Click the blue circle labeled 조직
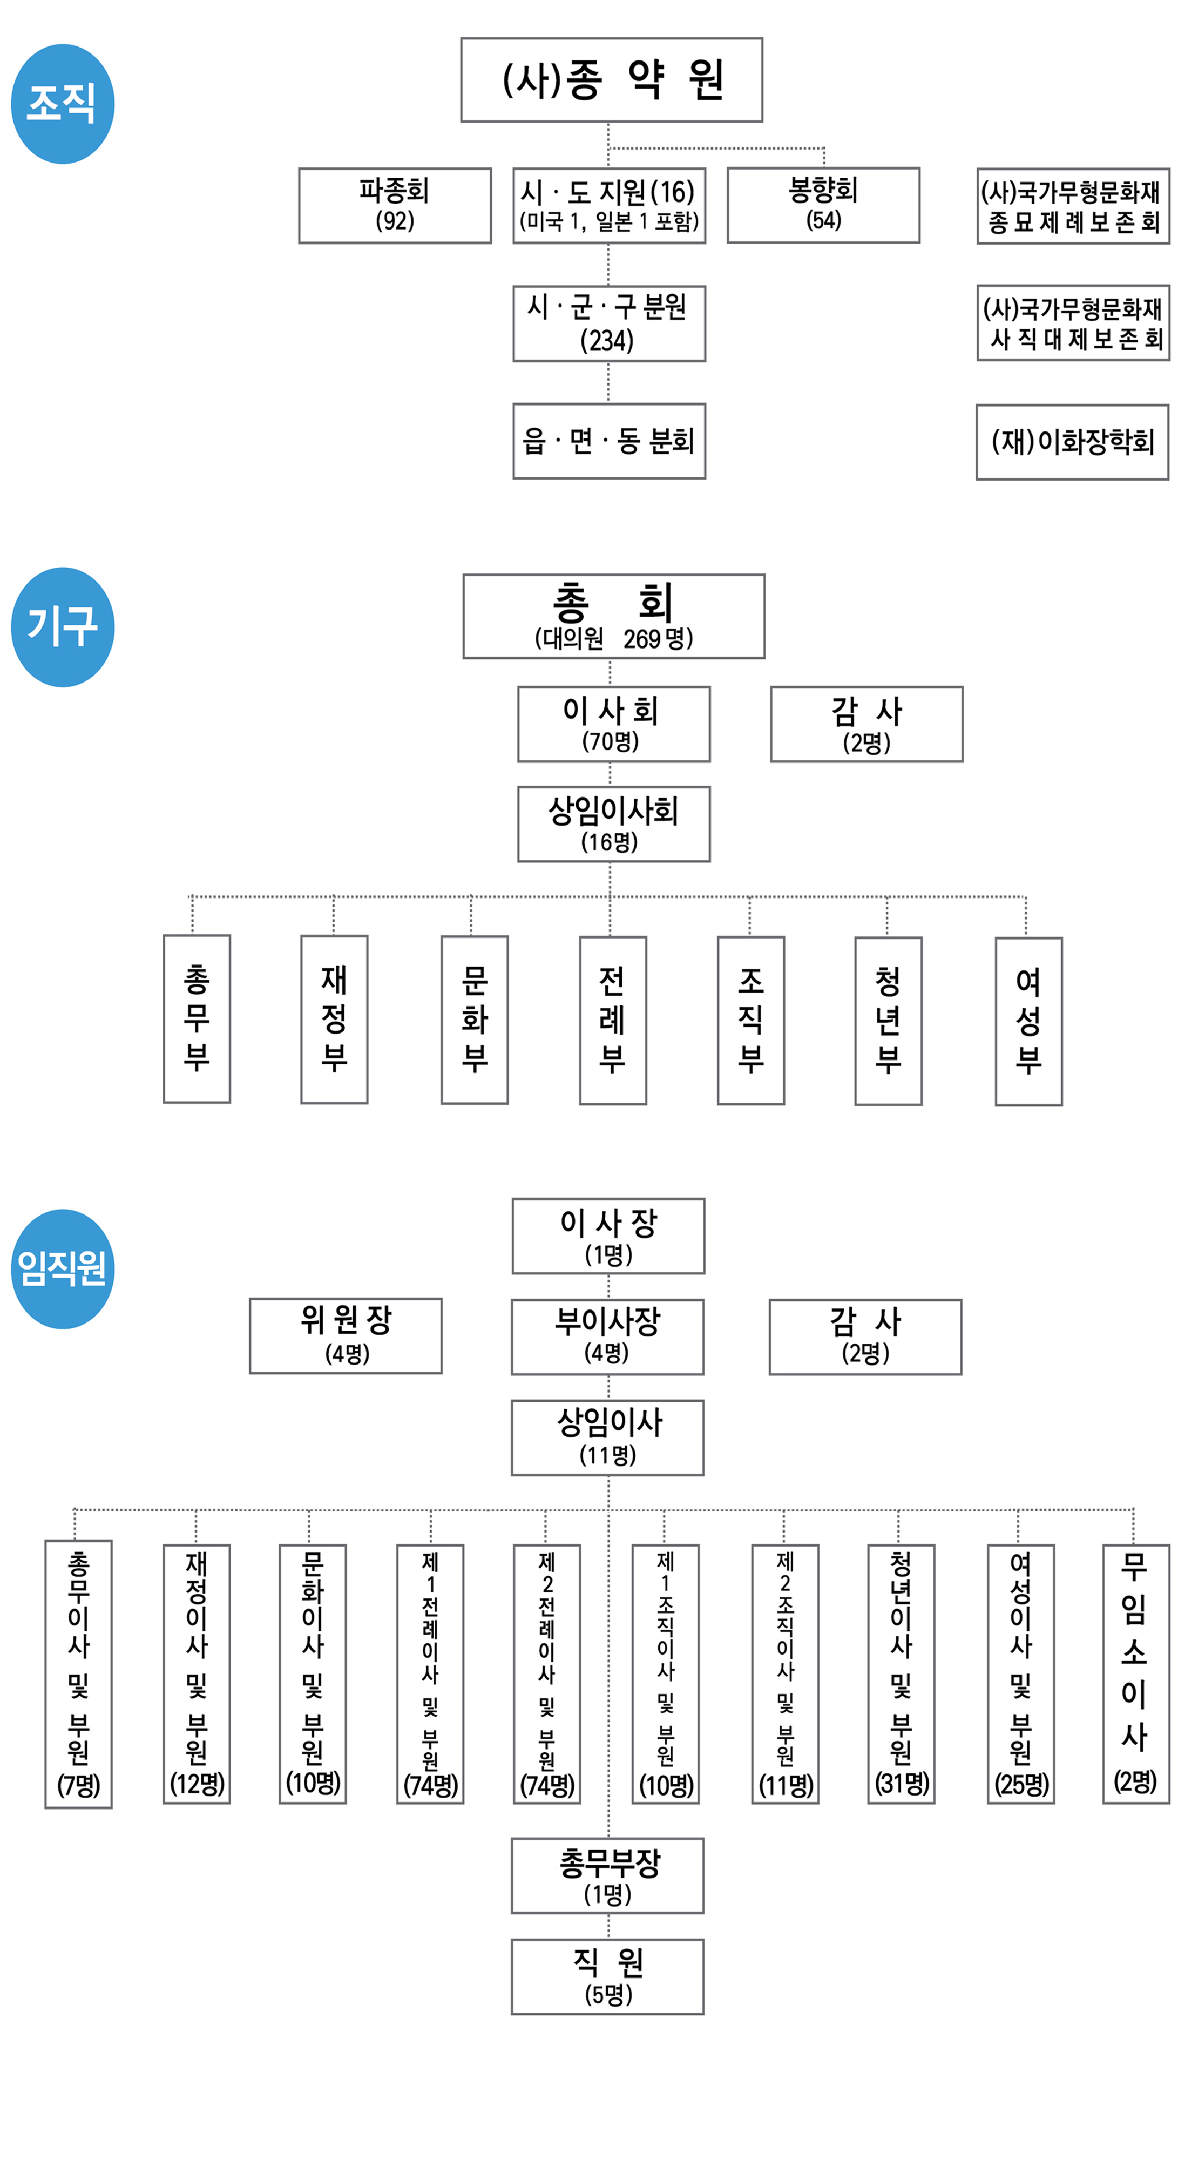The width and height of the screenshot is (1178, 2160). pyautogui.click(x=63, y=104)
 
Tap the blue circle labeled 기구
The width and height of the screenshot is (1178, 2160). pyautogui.click(x=63, y=627)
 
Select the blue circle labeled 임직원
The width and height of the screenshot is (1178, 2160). pyautogui.click(x=63, y=1268)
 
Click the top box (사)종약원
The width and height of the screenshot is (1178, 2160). pyautogui.click(x=611, y=80)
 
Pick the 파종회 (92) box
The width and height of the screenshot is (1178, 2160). pyautogui.click(x=395, y=205)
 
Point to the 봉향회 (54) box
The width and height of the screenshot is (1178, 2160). pyautogui.click(x=823, y=205)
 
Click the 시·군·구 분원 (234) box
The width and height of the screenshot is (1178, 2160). pyautogui.click(x=608, y=323)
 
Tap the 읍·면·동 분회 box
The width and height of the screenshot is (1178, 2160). pyautogui.click(x=608, y=441)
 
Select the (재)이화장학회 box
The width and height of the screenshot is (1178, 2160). pyautogui.click(x=1072, y=442)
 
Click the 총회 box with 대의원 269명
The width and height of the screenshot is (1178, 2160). pyautogui.click(x=614, y=616)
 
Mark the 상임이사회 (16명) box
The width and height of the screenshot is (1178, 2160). pyautogui.click(x=614, y=824)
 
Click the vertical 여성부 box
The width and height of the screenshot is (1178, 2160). pyautogui.click(x=1029, y=1021)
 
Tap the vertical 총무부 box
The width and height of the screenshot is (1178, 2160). pyautogui.click(x=197, y=1019)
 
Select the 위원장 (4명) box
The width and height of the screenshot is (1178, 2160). pyautogui.click(x=346, y=1336)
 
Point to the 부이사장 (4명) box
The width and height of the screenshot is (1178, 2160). pyautogui.click(x=608, y=1336)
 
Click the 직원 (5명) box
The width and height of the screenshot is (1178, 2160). pyautogui.click(x=608, y=1976)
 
